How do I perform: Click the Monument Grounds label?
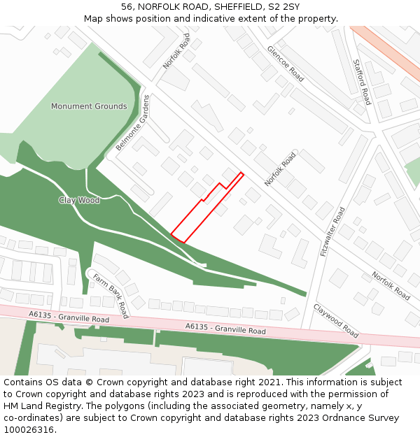(89, 106)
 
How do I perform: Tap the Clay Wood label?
(79, 200)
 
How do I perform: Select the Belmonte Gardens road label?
(133, 124)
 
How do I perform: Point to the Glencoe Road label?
(285, 64)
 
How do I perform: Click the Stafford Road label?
(362, 82)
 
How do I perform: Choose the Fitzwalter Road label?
(333, 231)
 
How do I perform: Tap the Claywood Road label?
(336, 320)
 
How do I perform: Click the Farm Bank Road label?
(111, 295)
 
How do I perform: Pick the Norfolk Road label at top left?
(176, 51)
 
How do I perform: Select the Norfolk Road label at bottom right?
(391, 286)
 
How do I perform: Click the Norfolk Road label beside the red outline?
(280, 170)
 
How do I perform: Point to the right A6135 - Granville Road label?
(225, 328)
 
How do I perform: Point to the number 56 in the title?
(126, 7)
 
